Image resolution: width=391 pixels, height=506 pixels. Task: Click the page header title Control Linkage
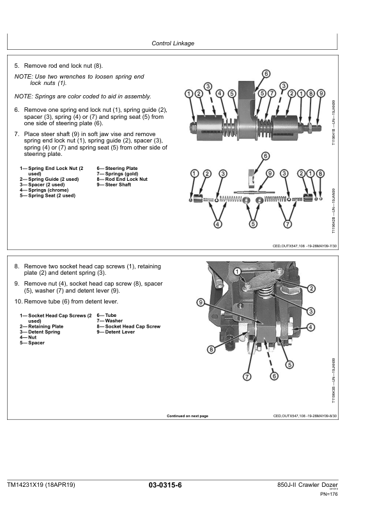[x=172, y=43]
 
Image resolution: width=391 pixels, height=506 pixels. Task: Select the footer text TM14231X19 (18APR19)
[x=42, y=486]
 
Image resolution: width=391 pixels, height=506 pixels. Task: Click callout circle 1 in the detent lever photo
[x=219, y=271]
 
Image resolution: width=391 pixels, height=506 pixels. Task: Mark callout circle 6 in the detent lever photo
[x=274, y=376]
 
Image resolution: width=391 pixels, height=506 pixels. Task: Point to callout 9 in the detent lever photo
[x=200, y=302]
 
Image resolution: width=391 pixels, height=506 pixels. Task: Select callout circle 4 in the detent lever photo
[x=311, y=327]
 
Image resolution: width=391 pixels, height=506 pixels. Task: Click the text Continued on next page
[x=187, y=416]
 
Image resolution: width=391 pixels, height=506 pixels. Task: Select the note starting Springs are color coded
[x=82, y=96]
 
